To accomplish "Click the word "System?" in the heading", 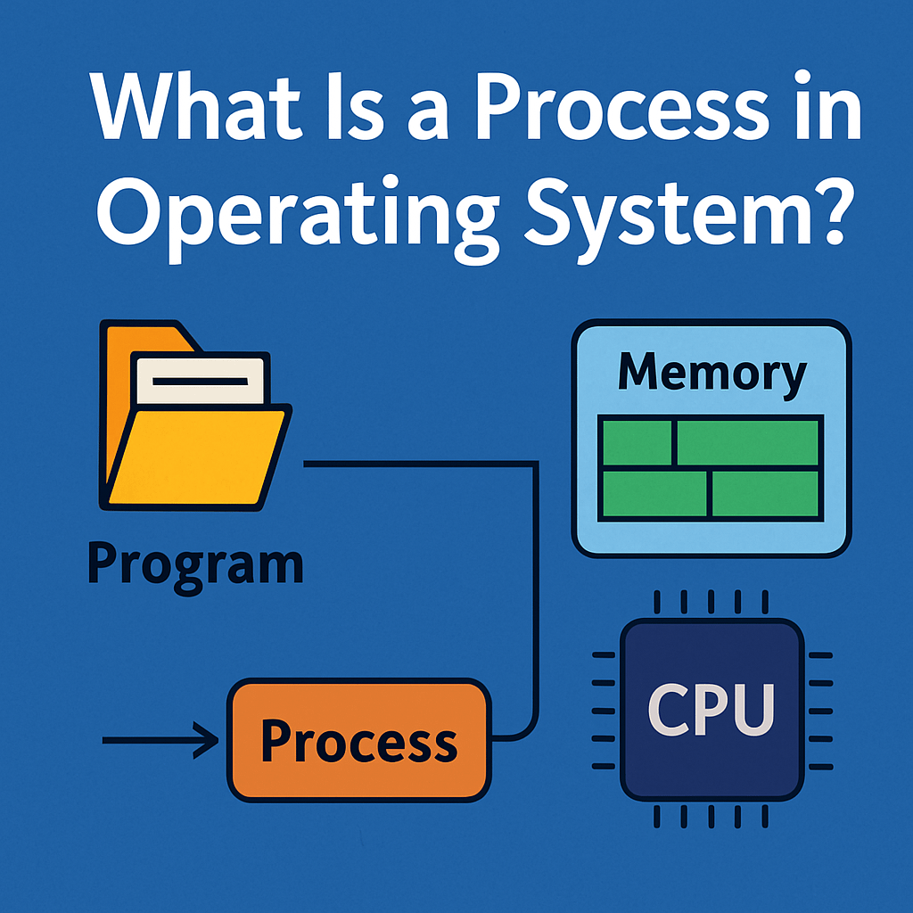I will (669, 214).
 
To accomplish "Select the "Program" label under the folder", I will (195, 564).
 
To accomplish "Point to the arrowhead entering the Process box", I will (210, 740).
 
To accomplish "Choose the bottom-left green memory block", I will (655, 494).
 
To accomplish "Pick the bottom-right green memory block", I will (765, 494).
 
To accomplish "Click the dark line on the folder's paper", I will (200, 382).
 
